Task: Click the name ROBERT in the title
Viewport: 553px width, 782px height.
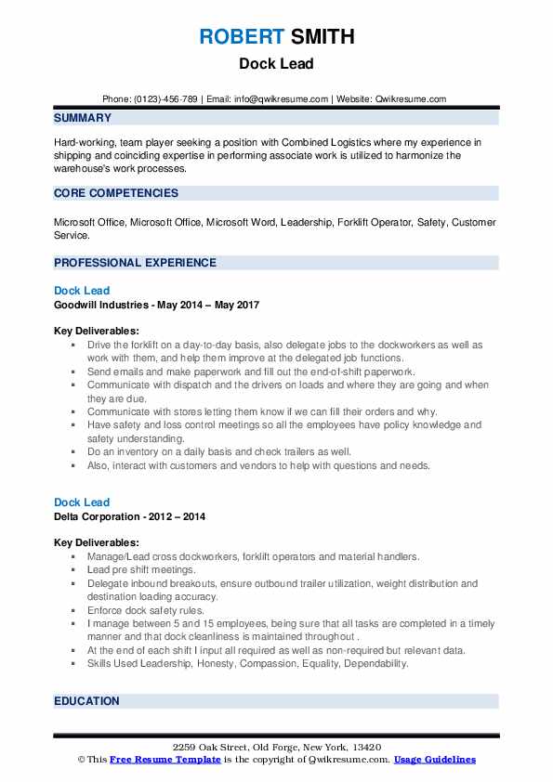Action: coord(242,38)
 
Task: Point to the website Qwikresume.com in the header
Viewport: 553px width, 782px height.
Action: coord(410,99)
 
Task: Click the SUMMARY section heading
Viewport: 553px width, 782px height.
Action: coord(83,118)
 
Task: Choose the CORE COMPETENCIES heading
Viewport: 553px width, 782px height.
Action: coord(116,193)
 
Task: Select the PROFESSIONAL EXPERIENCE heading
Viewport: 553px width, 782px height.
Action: coord(135,263)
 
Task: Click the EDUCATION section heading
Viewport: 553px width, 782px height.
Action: coord(86,701)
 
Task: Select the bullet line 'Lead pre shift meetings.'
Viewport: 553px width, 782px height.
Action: coord(141,569)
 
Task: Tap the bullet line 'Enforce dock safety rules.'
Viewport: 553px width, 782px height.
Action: coord(145,610)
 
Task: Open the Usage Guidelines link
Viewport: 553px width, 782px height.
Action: coord(434,760)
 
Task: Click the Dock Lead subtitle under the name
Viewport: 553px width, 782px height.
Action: coord(276,64)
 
